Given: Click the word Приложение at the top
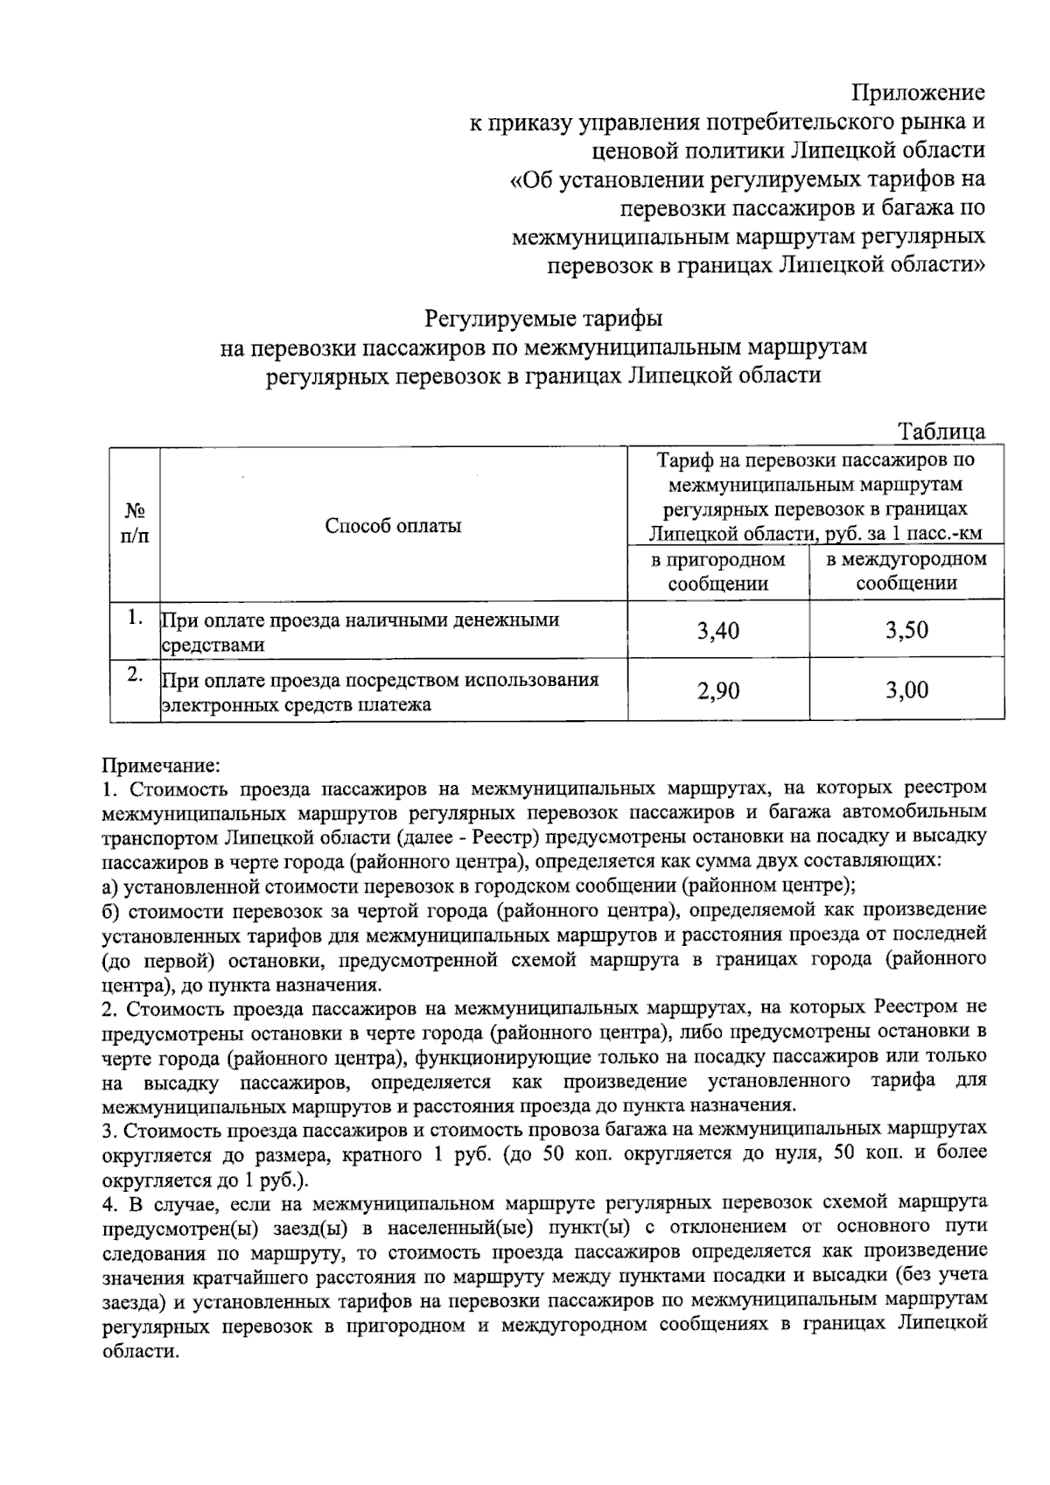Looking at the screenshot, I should [919, 93].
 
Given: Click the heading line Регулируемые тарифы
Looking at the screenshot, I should [543, 318].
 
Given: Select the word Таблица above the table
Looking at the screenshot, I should [941, 431].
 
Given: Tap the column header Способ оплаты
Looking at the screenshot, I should [393, 525].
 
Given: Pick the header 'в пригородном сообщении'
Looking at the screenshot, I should [718, 571].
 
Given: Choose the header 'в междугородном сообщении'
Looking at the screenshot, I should [906, 571].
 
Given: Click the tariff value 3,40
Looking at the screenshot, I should [717, 630].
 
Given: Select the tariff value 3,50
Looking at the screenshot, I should [906, 630].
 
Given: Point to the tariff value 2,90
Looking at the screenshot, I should [717, 691].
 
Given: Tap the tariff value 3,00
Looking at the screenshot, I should [906, 691].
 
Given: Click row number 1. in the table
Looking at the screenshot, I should [134, 617].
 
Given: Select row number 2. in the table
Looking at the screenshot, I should [134, 675].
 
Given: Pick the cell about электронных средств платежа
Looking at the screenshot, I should [381, 691].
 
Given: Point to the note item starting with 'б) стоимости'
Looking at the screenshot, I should [543, 910].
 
